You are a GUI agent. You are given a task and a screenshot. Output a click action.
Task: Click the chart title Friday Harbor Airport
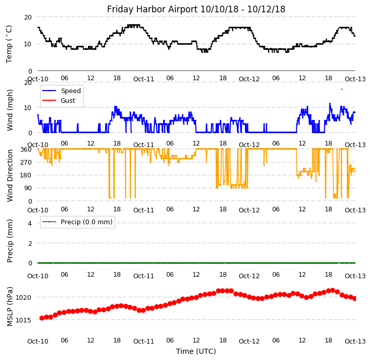(196, 9)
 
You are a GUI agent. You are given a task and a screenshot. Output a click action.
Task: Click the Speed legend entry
(70, 91)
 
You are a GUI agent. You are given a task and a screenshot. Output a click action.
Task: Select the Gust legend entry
(67, 101)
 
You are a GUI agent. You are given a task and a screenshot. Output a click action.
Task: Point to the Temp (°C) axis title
(9, 44)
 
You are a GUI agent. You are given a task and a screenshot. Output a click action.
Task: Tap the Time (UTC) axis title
(196, 351)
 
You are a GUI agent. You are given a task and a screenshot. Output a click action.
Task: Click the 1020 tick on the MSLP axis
(25, 297)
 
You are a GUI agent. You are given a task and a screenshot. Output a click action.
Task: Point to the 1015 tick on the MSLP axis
(25, 320)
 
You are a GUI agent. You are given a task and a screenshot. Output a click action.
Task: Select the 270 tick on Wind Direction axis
(25, 162)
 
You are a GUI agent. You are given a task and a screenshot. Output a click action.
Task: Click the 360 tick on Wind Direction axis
(25, 149)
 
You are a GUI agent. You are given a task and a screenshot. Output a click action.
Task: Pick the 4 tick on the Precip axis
(30, 223)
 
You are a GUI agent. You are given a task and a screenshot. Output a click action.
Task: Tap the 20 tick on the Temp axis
(28, 17)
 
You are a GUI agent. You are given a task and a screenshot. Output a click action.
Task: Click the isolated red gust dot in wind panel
(342, 89)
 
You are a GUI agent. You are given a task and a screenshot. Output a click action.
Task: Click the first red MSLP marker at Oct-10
(42, 318)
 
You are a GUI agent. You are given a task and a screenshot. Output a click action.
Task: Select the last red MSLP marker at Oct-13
(355, 298)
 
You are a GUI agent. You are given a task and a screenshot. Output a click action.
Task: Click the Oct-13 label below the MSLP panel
(355, 341)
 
